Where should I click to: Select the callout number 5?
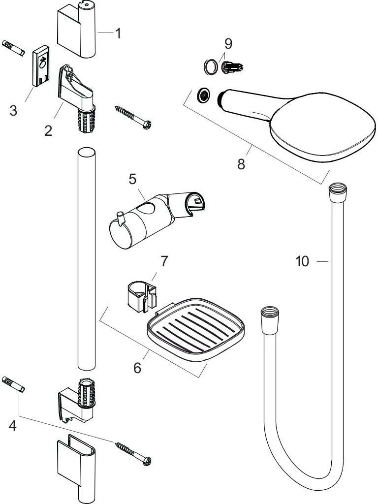(x=133, y=179)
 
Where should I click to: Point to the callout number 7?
(x=164, y=261)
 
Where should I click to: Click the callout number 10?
(x=302, y=261)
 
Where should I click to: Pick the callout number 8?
(x=241, y=164)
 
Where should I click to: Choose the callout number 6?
(x=137, y=367)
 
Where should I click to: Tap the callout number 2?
(x=48, y=130)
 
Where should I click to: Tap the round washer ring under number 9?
(x=211, y=67)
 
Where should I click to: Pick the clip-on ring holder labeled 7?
(x=140, y=296)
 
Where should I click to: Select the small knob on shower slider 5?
(x=120, y=217)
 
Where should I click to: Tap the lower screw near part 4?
(x=133, y=453)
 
